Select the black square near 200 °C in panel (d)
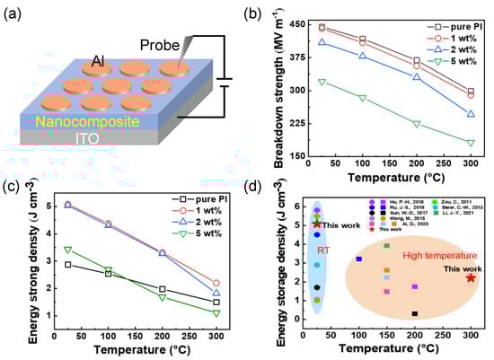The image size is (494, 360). [414, 313]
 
